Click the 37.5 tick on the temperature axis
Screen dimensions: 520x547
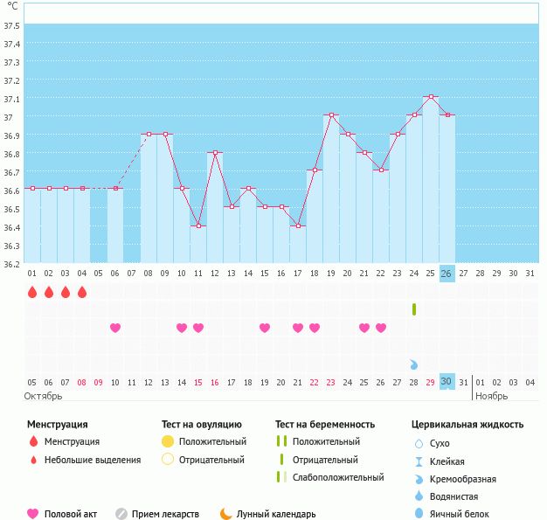11,25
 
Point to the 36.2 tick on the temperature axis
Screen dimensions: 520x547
11,264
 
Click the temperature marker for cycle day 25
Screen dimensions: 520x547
430,97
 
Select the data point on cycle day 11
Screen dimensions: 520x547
198,225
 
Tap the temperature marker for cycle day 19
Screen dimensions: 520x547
331,115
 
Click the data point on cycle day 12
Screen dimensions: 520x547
215,152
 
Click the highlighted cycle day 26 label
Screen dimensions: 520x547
447,273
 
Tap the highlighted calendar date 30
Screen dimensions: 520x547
447,382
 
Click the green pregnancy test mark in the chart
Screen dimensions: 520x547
413,309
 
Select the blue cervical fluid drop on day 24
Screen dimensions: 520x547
413,364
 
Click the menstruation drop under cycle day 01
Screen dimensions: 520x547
32,292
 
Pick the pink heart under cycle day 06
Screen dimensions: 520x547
115,328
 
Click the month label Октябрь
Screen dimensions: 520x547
43,396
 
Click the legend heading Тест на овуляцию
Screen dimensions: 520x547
202,425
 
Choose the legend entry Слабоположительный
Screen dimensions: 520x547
338,478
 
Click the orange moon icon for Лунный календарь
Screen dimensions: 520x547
225,514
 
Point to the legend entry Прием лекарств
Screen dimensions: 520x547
165,514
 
